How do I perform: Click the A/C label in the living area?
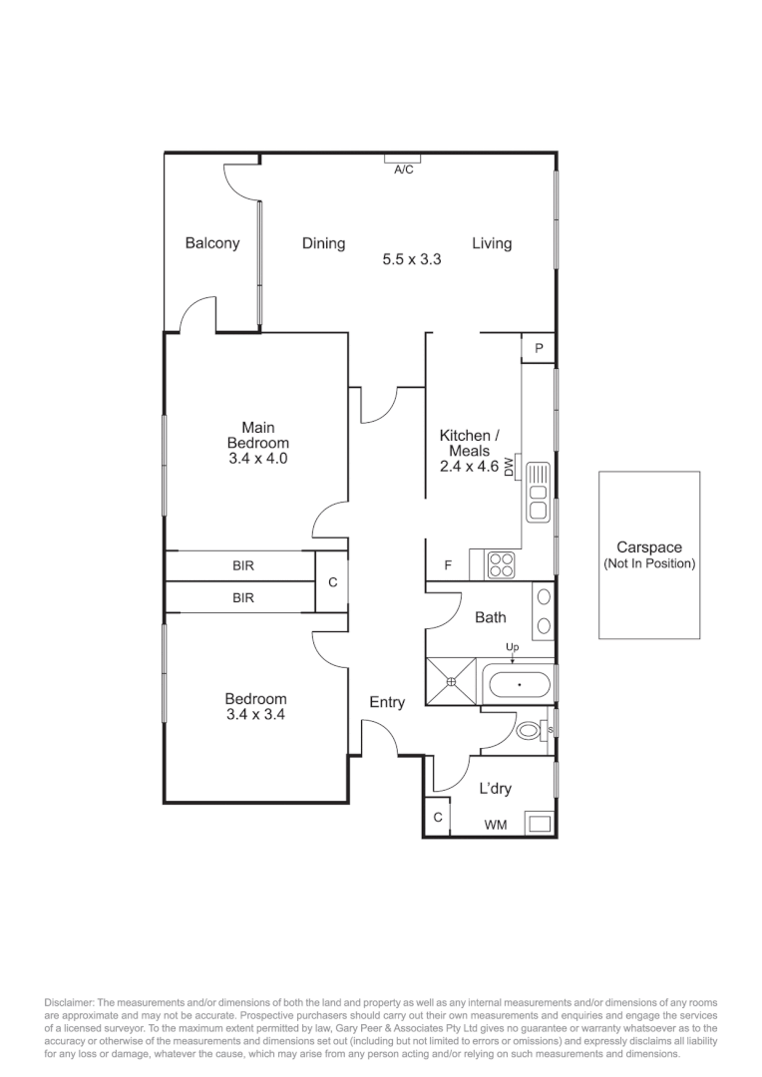[x=403, y=171]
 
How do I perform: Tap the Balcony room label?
[x=212, y=243]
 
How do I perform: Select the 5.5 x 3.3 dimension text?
[x=412, y=259]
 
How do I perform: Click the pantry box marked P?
[x=539, y=348]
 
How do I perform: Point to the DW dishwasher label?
[x=509, y=466]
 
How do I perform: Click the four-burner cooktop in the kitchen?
[x=500, y=564]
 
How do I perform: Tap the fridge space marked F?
[x=448, y=565]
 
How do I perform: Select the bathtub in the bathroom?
[x=518, y=686]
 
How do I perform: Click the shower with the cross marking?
[x=452, y=681]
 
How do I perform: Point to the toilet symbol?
[x=531, y=732]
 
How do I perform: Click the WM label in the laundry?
[x=494, y=826]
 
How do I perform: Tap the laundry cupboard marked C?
[x=438, y=818]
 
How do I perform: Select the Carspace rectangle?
[x=648, y=555]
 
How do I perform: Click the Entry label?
[x=387, y=703]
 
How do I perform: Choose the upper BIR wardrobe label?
[x=243, y=565]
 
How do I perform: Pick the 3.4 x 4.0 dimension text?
[x=258, y=459]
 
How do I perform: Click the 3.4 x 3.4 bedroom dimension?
[x=255, y=714]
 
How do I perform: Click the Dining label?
[x=324, y=243]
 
